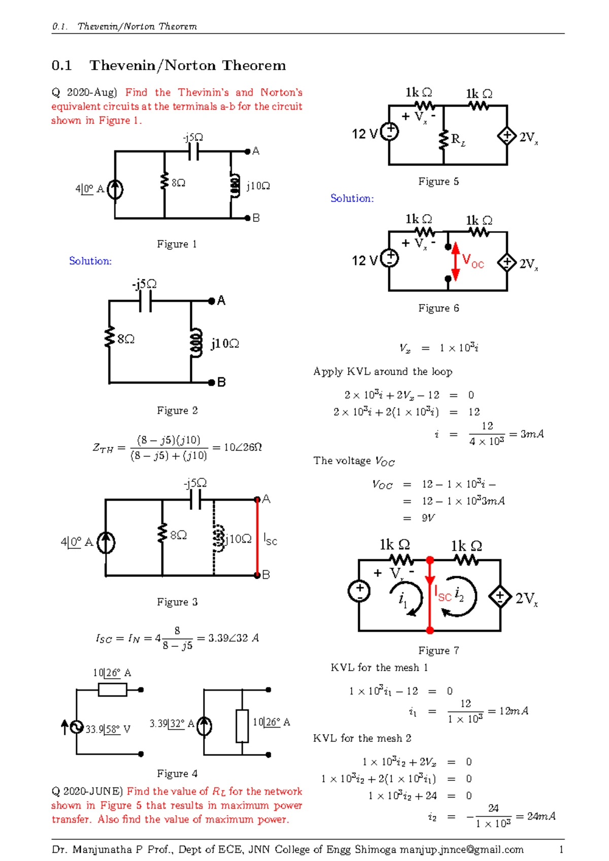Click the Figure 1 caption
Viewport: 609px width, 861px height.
coord(177,244)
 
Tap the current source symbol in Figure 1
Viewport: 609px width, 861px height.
coord(115,189)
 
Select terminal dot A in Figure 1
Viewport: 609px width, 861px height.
coord(248,151)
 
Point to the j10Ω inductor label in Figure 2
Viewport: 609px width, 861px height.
coord(225,344)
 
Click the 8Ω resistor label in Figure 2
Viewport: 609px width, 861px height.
coord(126,339)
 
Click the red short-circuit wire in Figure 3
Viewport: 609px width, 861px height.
coord(257,537)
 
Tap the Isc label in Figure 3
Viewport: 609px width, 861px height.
coord(270,540)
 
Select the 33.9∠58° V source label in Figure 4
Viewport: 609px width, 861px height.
coord(108,730)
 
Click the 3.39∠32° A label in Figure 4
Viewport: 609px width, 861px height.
coord(172,723)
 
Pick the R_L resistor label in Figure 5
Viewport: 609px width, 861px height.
coord(458,140)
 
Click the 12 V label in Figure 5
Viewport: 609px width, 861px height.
coord(364,134)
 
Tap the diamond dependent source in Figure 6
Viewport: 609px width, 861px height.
coord(506,262)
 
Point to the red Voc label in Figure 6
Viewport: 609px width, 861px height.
coord(473,261)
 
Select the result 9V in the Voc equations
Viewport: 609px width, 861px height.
coord(428,518)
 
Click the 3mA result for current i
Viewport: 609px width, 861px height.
coord(532,434)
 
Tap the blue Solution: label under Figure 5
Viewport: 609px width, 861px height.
coord(352,198)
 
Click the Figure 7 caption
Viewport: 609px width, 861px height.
coord(438,651)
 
